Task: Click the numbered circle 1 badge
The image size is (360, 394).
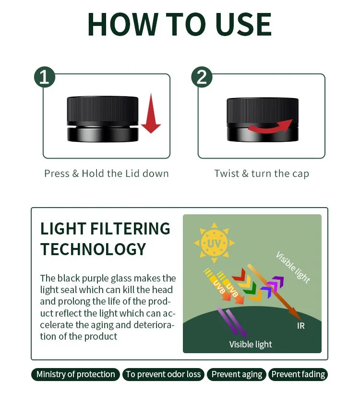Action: coord(45,77)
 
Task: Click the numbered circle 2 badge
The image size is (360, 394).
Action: coord(202,77)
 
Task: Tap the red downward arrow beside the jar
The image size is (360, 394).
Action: coord(151,113)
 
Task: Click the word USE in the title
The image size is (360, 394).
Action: coord(243,25)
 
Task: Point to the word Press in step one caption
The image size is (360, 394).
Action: coord(57,173)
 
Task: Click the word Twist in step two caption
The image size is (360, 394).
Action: coord(227,173)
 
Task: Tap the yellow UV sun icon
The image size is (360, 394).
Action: coord(214,243)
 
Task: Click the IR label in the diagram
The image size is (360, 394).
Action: coord(301,326)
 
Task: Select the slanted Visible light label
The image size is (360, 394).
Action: coord(293,267)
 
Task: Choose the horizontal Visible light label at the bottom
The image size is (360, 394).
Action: coord(251,344)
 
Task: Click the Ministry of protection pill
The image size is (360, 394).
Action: coord(75,374)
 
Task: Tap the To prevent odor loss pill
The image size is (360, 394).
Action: coord(163,374)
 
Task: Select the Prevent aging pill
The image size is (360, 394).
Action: coord(237,374)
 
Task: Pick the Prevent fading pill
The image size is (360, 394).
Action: coord(298,374)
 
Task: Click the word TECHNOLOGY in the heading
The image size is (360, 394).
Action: coord(93,249)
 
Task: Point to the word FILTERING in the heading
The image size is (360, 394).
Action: coord(130,229)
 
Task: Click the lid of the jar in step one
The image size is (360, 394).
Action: coord(103,110)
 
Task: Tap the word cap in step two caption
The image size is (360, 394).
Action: coord(300,174)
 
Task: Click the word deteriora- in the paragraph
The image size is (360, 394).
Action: coord(154,325)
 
